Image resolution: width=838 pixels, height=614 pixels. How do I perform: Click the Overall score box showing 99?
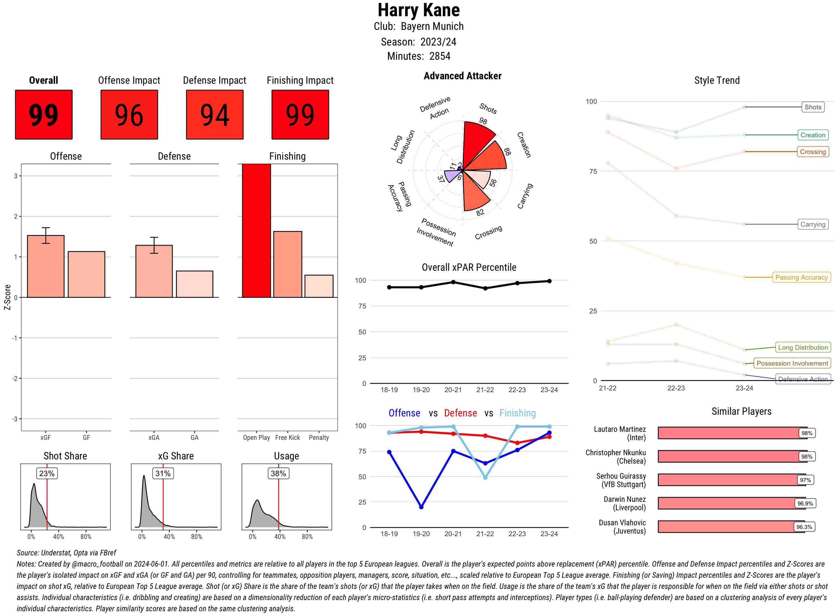[x=44, y=114]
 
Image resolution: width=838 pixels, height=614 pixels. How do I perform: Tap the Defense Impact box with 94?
[x=215, y=114]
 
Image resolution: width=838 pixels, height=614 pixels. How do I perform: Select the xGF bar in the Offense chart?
[x=46, y=266]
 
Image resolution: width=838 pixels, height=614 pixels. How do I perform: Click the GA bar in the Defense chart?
[x=194, y=284]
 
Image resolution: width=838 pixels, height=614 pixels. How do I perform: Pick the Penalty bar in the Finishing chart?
[x=319, y=286]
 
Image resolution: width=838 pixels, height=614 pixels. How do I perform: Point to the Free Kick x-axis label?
[x=287, y=437]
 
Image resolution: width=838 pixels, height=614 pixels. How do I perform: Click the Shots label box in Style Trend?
[x=813, y=107]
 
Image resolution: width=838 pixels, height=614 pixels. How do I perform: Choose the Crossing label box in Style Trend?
[x=813, y=152]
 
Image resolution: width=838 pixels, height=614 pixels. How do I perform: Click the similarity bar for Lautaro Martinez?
[x=729, y=433]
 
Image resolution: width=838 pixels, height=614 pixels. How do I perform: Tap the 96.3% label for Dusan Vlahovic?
[x=804, y=527]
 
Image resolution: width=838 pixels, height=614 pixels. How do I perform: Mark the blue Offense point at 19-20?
[x=421, y=507]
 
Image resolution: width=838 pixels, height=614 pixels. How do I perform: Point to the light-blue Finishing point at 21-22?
[x=485, y=478]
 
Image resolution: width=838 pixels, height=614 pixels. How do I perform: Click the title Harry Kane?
[x=419, y=10]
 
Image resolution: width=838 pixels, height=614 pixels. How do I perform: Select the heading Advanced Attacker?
[x=462, y=76]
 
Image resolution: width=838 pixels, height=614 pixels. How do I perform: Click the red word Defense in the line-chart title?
[x=460, y=413]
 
